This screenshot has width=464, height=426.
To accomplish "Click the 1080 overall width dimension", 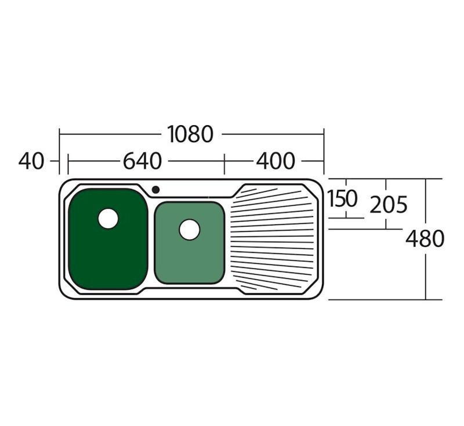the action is [190, 134].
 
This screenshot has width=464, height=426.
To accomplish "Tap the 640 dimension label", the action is [142, 161].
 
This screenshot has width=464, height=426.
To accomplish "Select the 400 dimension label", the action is [275, 161].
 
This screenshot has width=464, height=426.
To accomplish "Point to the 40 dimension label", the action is [31, 161].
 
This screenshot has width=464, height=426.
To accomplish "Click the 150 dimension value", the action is [342, 199].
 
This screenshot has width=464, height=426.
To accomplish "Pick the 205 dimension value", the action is [389, 205].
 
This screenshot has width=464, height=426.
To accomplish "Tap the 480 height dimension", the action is [425, 239].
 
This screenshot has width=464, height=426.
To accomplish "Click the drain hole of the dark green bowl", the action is [108, 219].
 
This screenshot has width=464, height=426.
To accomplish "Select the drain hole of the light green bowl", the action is [190, 230].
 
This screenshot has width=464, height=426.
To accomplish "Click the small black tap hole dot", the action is [155, 190].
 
